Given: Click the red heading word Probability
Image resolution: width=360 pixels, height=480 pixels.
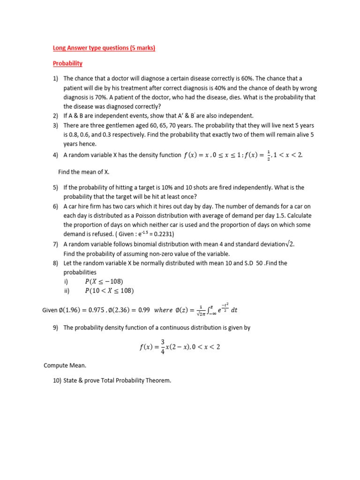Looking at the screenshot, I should click(67, 63).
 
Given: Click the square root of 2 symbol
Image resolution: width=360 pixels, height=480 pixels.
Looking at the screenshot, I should click(290, 244).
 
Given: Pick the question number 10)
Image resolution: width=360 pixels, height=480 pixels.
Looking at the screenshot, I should click(58, 381).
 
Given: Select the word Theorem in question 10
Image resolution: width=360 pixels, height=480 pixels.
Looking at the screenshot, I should click(158, 381).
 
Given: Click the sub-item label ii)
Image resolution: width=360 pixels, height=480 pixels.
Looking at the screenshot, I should click(67, 291).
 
